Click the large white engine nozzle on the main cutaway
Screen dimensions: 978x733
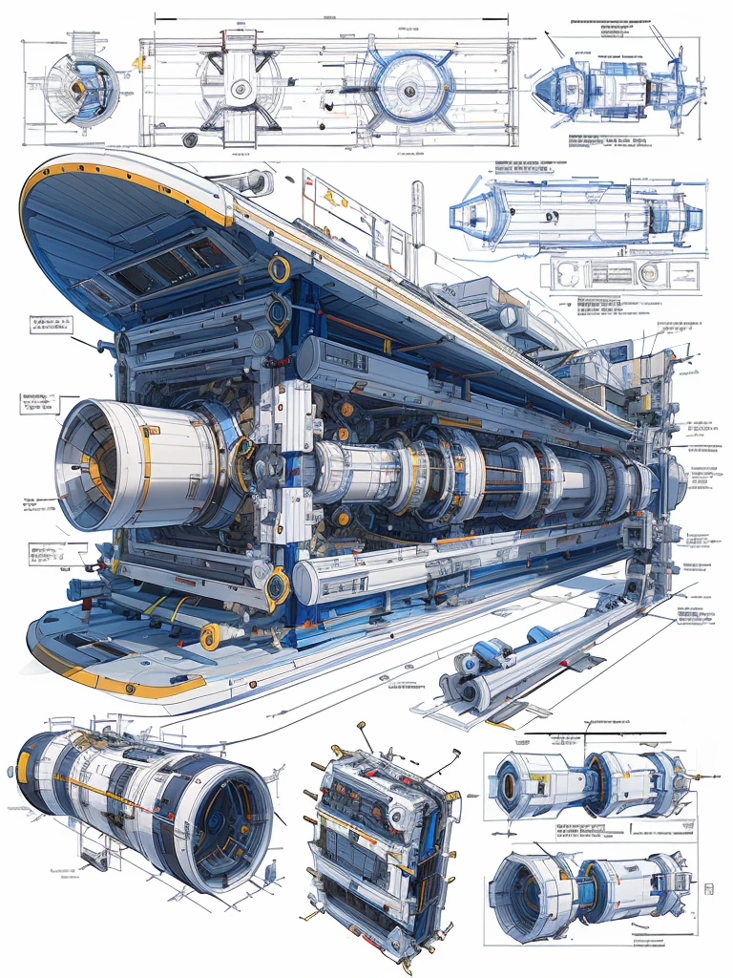pos(134,463)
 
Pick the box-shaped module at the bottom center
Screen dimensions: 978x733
pos(382,840)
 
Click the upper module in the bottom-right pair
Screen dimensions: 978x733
pos(587,783)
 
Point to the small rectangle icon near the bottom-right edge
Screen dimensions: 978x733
pos(708,889)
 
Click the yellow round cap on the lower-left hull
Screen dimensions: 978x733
pos(210,636)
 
